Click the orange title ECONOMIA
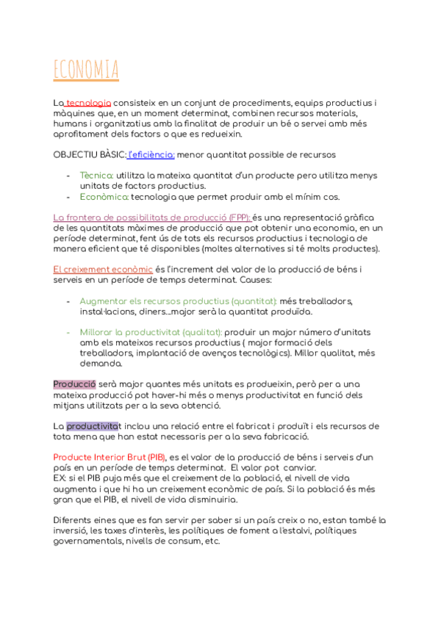point(86,71)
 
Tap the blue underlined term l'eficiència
point(151,155)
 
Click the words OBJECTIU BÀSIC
point(89,155)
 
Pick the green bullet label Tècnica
point(96,176)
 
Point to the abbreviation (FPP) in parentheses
point(238,217)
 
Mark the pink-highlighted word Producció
point(74,384)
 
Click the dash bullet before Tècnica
point(68,176)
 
